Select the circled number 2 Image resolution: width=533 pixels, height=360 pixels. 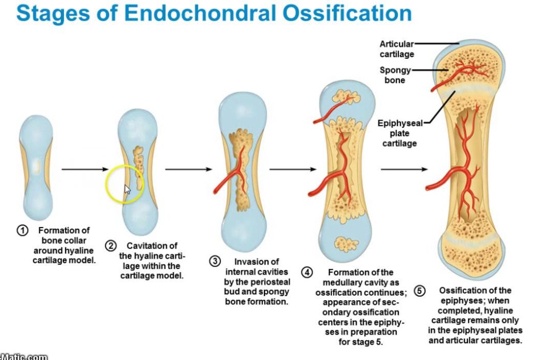point(110,246)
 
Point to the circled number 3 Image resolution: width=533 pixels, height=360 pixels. point(215,261)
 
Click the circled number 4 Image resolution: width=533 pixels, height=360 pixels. point(307,273)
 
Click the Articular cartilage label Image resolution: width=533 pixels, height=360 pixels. point(396,49)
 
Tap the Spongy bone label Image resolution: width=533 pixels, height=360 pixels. point(395,75)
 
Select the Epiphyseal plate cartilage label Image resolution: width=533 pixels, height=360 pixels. point(400,133)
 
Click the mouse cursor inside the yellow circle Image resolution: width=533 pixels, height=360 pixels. point(127,189)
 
